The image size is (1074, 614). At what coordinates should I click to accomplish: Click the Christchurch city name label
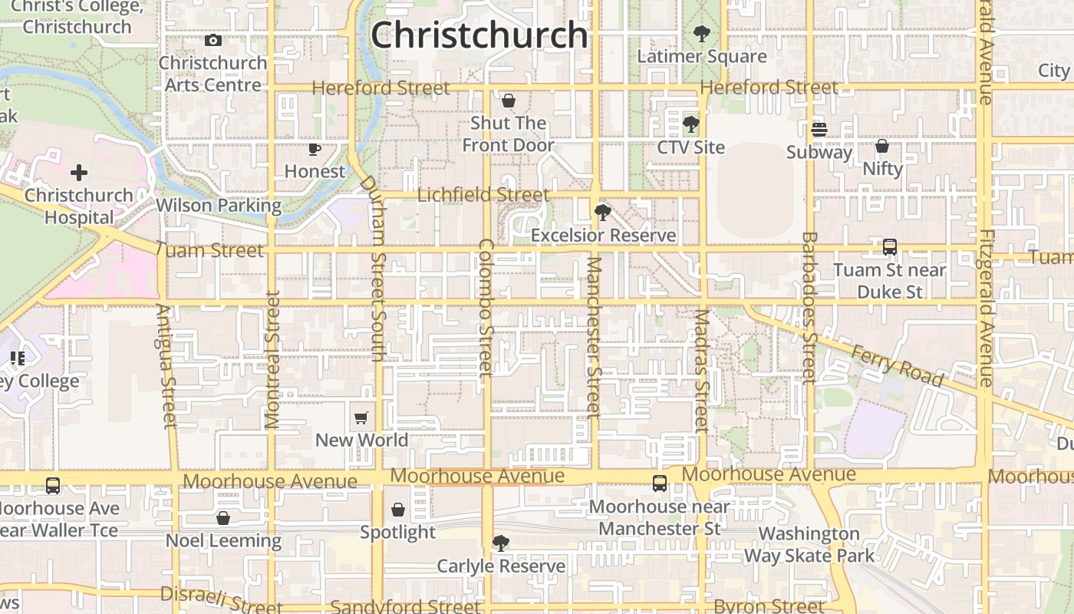pyautogui.click(x=479, y=35)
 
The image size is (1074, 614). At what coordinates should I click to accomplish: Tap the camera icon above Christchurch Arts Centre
pyautogui.click(x=213, y=40)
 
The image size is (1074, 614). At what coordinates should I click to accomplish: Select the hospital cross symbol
pyautogui.click(x=79, y=173)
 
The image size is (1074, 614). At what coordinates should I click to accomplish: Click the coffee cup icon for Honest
pyautogui.click(x=314, y=149)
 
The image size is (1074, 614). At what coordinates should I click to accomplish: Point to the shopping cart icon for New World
pyautogui.click(x=361, y=418)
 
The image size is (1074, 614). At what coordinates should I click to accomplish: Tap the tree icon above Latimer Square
pyautogui.click(x=701, y=34)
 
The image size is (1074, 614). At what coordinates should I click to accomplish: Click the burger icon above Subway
pyautogui.click(x=819, y=130)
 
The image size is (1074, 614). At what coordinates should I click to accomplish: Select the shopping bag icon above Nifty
pyautogui.click(x=882, y=146)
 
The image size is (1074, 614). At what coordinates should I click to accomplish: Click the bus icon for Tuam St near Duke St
pyautogui.click(x=890, y=247)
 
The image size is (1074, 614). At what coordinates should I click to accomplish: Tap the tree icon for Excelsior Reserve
pyautogui.click(x=603, y=213)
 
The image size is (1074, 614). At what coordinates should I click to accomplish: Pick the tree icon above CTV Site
pyautogui.click(x=690, y=124)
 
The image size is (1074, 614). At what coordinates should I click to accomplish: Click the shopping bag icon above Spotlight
pyautogui.click(x=398, y=510)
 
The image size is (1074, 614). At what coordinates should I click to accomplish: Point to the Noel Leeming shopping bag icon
pyautogui.click(x=223, y=518)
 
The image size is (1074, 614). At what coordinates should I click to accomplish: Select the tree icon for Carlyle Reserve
pyautogui.click(x=501, y=543)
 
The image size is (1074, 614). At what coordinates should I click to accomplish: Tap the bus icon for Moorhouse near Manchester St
pyautogui.click(x=660, y=484)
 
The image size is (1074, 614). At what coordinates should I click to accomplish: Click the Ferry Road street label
pyautogui.click(x=898, y=365)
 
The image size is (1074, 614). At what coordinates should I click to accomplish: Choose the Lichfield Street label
pyautogui.click(x=483, y=195)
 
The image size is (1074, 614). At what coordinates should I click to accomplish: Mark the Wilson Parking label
pyautogui.click(x=219, y=206)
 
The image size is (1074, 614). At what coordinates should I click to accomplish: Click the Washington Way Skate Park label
pyautogui.click(x=809, y=544)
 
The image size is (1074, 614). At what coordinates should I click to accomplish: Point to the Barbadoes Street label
pyautogui.click(x=809, y=307)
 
